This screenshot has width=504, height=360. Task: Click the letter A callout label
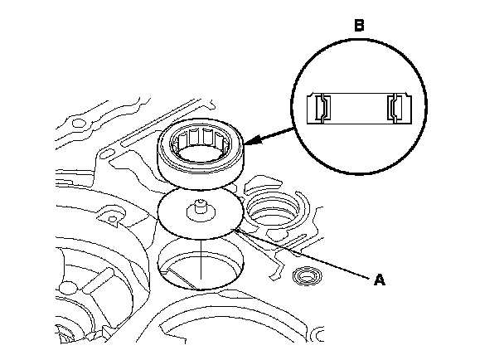380,281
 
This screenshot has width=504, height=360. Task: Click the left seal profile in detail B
322,109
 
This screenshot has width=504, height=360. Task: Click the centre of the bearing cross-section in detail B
358,109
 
